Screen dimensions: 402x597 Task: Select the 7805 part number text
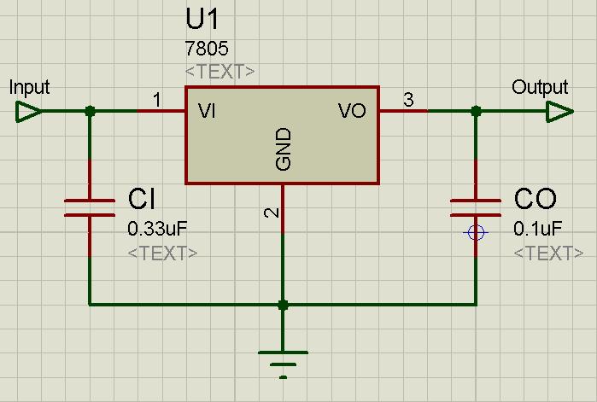(x=206, y=50)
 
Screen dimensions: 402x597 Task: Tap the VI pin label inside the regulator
(x=208, y=111)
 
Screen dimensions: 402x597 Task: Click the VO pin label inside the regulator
(x=352, y=111)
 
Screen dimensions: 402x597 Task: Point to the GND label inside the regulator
(x=284, y=149)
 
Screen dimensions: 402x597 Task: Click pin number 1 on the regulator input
(x=157, y=101)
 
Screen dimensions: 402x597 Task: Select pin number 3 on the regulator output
(x=408, y=101)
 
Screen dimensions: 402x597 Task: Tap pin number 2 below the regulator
(x=272, y=213)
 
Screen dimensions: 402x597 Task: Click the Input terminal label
(x=29, y=87)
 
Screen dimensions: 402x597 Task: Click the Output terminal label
(x=540, y=87)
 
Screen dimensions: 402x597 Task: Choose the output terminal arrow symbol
(x=559, y=111)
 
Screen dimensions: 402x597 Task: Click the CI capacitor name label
(x=142, y=200)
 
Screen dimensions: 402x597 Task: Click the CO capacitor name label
(x=536, y=200)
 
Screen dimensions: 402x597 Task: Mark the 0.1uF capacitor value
(x=537, y=229)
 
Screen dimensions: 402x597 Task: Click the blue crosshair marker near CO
(x=476, y=232)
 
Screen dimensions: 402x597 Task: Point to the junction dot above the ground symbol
(x=283, y=304)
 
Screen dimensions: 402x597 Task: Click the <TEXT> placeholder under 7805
(x=219, y=72)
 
